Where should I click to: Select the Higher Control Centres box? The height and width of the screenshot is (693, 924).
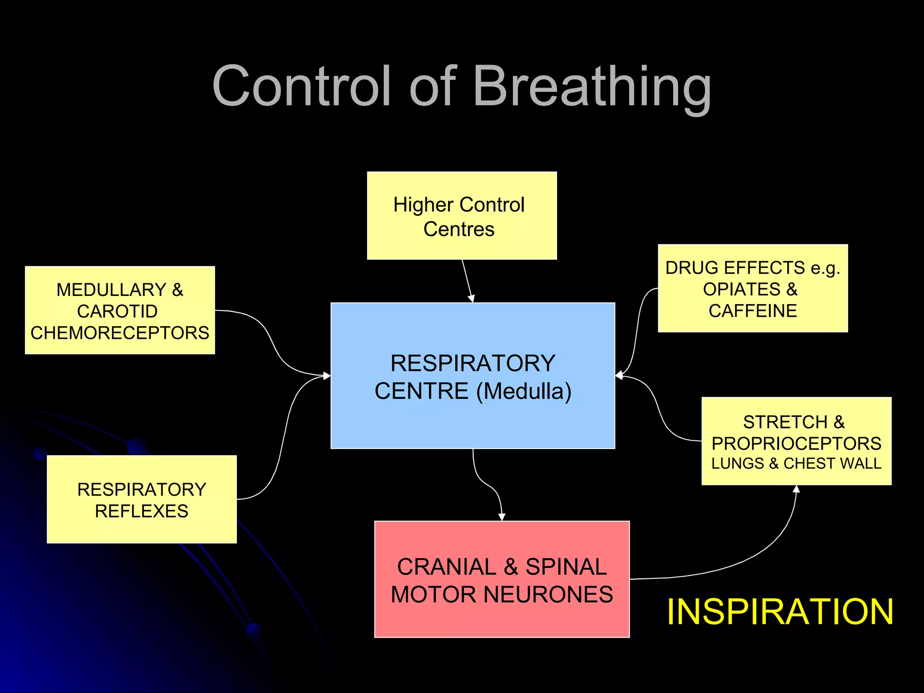(x=462, y=216)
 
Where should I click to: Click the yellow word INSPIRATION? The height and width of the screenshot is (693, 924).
(x=780, y=612)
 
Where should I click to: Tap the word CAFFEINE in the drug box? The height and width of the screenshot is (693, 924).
(x=753, y=311)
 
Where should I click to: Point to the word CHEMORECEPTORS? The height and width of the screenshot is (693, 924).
(x=120, y=333)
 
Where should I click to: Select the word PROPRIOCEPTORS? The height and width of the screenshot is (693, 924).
(x=796, y=444)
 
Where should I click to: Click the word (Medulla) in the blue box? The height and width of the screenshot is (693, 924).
(x=524, y=391)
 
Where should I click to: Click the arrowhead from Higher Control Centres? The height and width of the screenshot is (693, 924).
(x=471, y=298)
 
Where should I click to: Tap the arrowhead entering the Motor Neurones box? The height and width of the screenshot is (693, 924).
(x=502, y=517)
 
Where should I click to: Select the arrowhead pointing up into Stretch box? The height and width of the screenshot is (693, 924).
(x=796, y=489)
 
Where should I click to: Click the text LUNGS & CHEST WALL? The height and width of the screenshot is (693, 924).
(x=796, y=463)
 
